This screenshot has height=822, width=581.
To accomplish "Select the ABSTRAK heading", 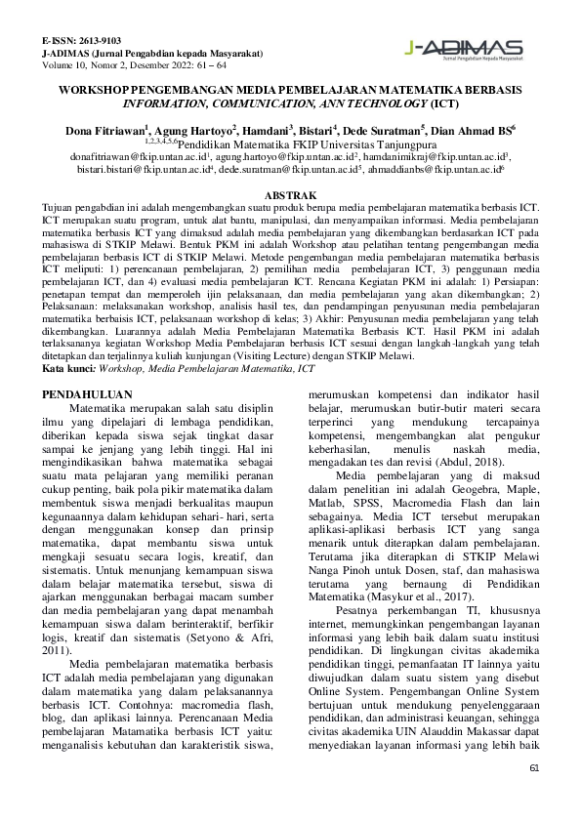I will click(x=290, y=194).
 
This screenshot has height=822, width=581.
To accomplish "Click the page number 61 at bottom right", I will click(x=533, y=768).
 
